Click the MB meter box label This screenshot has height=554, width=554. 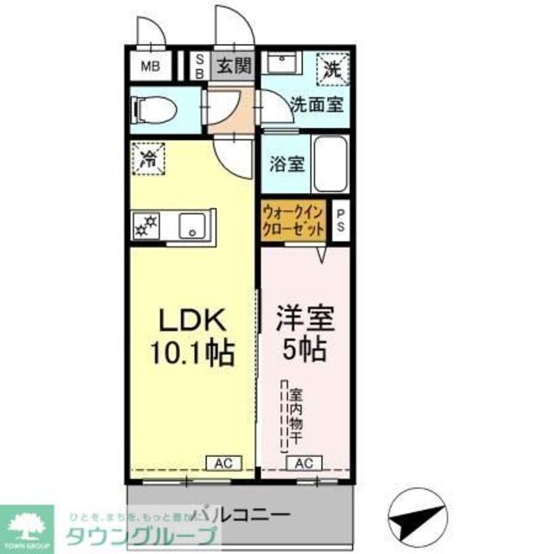(151, 67)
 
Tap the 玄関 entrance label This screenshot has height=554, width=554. (233, 65)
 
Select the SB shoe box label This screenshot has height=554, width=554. (198, 66)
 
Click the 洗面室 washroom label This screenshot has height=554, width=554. (316, 106)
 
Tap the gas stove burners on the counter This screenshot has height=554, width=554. (145, 227)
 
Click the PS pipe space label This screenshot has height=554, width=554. (340, 222)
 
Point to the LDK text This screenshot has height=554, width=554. (193, 322)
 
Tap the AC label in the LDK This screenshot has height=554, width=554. (218, 463)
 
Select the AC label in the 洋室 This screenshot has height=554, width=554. (305, 463)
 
